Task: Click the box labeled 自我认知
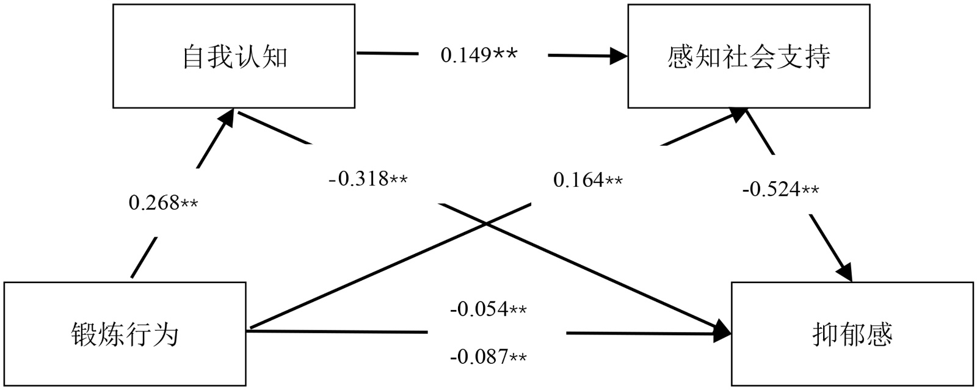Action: point(234,57)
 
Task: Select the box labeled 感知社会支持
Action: point(749,57)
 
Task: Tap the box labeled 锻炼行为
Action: point(125,334)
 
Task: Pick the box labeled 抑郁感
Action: point(852,334)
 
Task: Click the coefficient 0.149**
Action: point(479,55)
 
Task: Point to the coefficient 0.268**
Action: point(164,202)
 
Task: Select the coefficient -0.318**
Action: point(368,179)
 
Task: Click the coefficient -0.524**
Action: point(781,190)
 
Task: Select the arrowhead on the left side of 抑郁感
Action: point(724,333)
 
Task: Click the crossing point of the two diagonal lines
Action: point(487,225)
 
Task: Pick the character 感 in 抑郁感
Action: point(879,334)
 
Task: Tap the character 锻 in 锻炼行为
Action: point(84,334)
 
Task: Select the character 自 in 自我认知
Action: point(194,57)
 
